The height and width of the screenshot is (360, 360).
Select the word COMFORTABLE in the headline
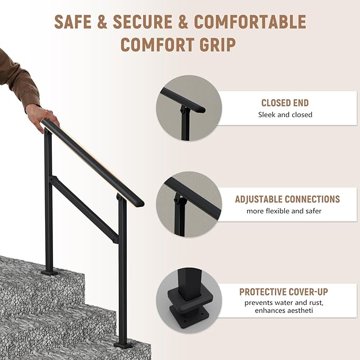click(250, 22)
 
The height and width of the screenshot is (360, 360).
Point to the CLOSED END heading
click(285, 103)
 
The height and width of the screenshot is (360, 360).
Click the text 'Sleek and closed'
click(285, 115)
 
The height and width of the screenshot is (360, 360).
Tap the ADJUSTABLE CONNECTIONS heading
click(287, 199)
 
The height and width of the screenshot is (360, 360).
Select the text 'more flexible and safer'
click(284, 211)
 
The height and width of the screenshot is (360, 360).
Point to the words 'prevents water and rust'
click(284, 302)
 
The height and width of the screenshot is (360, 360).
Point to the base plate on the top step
click(50, 272)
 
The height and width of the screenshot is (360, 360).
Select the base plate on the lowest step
click(123, 345)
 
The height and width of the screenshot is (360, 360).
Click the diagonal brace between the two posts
click(85, 209)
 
